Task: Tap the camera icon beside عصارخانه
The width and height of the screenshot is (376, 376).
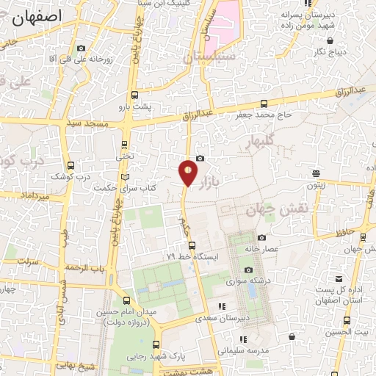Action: [x=262, y=237]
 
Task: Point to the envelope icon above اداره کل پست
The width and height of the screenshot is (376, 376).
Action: [x=339, y=280]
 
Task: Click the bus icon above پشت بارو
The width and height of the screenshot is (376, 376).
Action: [x=134, y=94]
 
